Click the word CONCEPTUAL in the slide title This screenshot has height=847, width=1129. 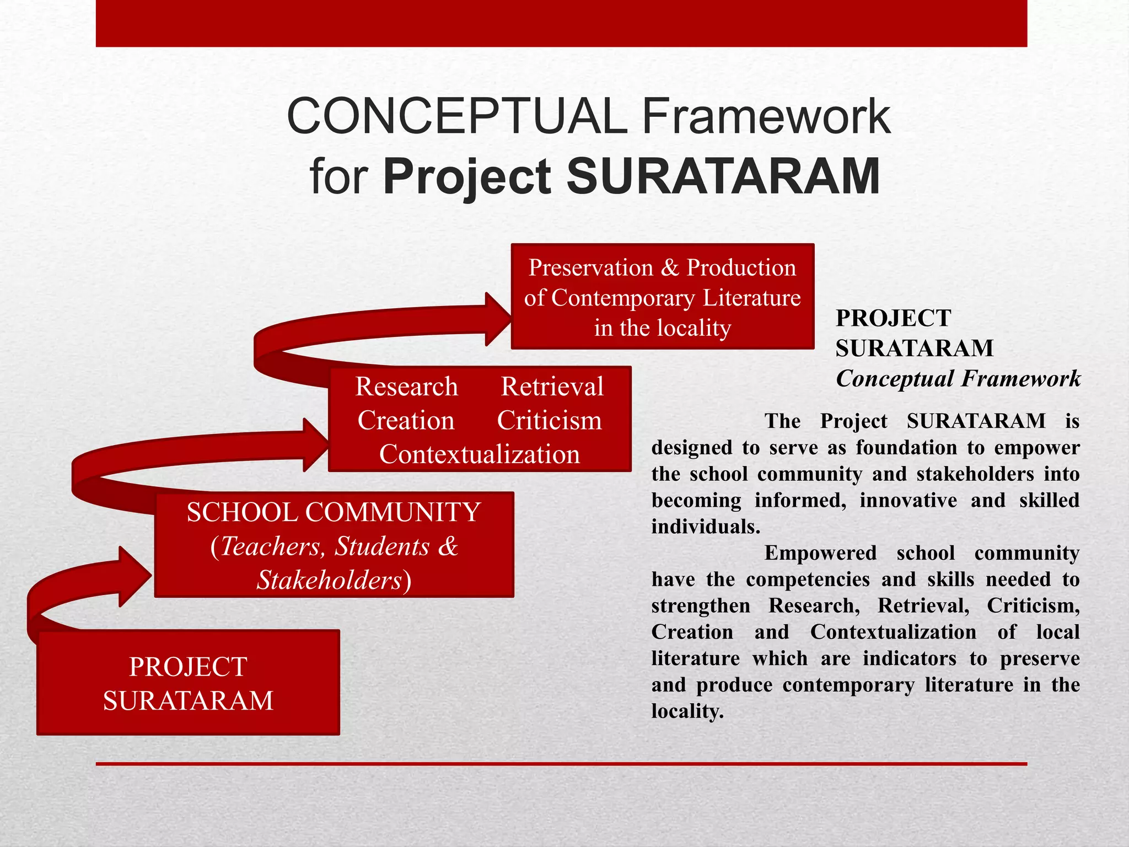(x=457, y=116)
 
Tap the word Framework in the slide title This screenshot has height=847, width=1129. (x=766, y=116)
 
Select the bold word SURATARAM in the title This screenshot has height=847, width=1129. (x=723, y=176)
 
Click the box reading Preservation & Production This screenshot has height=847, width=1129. (x=662, y=296)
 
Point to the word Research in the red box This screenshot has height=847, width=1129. (x=406, y=387)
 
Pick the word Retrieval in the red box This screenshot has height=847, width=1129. (x=552, y=387)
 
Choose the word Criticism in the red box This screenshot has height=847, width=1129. (x=549, y=421)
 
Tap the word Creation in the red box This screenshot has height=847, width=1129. (x=406, y=421)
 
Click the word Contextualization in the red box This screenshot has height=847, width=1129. (x=479, y=454)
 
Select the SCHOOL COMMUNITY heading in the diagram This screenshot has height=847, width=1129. (x=334, y=512)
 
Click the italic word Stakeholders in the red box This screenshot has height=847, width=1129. (x=330, y=580)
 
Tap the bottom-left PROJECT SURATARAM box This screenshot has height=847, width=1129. (x=188, y=683)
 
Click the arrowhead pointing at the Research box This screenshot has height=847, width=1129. (x=315, y=444)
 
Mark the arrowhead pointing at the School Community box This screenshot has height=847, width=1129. (x=135, y=576)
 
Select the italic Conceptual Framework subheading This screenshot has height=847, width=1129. (x=958, y=379)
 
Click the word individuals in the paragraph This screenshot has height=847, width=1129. (x=705, y=527)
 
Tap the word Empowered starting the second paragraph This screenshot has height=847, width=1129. (x=820, y=553)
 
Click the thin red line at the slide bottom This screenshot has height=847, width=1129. (x=561, y=764)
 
